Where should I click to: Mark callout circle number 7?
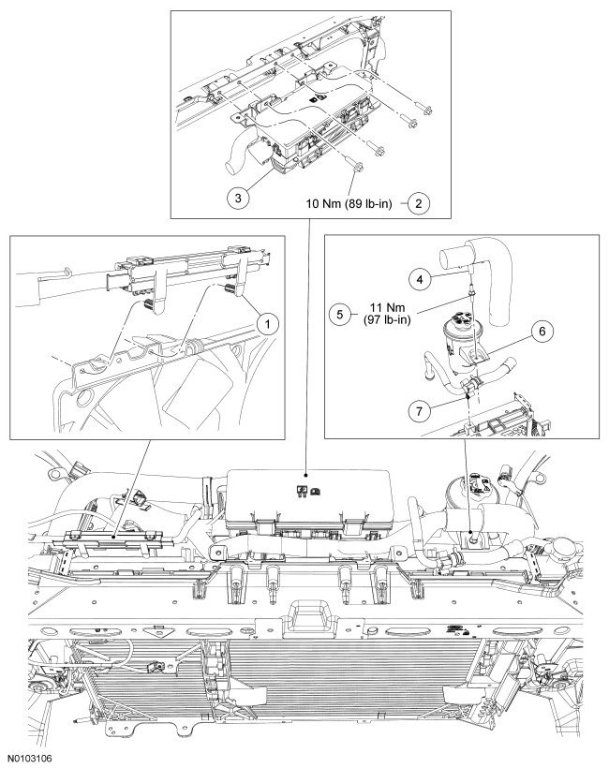click(x=420, y=408)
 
